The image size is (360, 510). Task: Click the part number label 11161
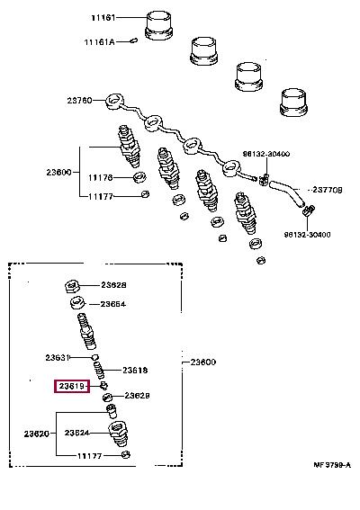click(x=103, y=18)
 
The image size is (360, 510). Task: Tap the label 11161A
click(x=99, y=42)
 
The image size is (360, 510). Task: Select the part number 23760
click(x=80, y=101)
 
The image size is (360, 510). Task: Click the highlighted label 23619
click(x=72, y=386)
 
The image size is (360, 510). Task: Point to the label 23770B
click(x=327, y=190)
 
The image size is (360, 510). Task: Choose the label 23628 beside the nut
click(x=113, y=285)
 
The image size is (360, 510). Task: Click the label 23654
click(x=112, y=304)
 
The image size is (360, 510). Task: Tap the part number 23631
click(x=58, y=358)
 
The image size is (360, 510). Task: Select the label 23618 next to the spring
click(x=135, y=371)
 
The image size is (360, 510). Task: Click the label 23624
click(x=76, y=433)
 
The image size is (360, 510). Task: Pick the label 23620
click(x=37, y=434)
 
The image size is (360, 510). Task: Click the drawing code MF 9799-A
click(x=332, y=465)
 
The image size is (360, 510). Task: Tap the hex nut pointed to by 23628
click(x=71, y=287)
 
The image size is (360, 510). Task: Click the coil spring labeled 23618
click(x=99, y=370)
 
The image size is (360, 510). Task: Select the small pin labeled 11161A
click(x=133, y=40)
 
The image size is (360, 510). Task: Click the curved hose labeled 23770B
click(x=287, y=192)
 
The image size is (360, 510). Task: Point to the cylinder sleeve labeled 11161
click(x=158, y=25)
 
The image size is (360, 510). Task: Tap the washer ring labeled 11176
click(x=139, y=177)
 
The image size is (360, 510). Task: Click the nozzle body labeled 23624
click(x=118, y=434)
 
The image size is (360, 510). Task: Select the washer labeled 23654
click(x=77, y=303)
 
